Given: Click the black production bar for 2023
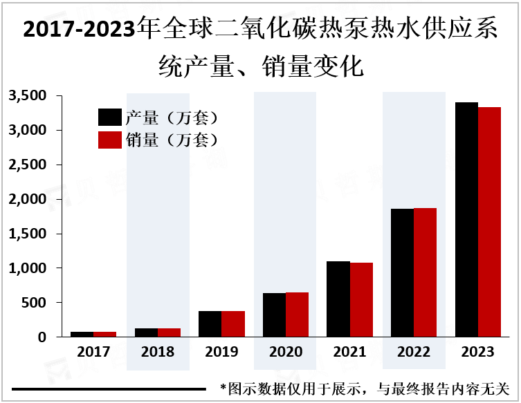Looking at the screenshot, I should (466, 220).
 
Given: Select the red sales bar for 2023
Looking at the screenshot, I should (489, 222).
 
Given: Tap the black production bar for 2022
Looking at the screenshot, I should (402, 272).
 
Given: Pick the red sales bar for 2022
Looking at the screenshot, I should (425, 272).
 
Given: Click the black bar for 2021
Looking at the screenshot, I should (338, 299).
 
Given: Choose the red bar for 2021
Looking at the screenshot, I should (360, 299).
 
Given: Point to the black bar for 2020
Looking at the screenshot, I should (274, 315).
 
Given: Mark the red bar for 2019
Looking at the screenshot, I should (232, 324).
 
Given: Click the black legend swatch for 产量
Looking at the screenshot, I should (110, 117).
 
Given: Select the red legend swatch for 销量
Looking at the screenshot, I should (110, 140).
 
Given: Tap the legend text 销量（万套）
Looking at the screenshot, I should (172, 140).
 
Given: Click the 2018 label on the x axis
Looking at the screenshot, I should (158, 352).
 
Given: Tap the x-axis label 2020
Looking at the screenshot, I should (286, 352).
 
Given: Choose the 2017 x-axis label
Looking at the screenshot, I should (93, 352).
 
